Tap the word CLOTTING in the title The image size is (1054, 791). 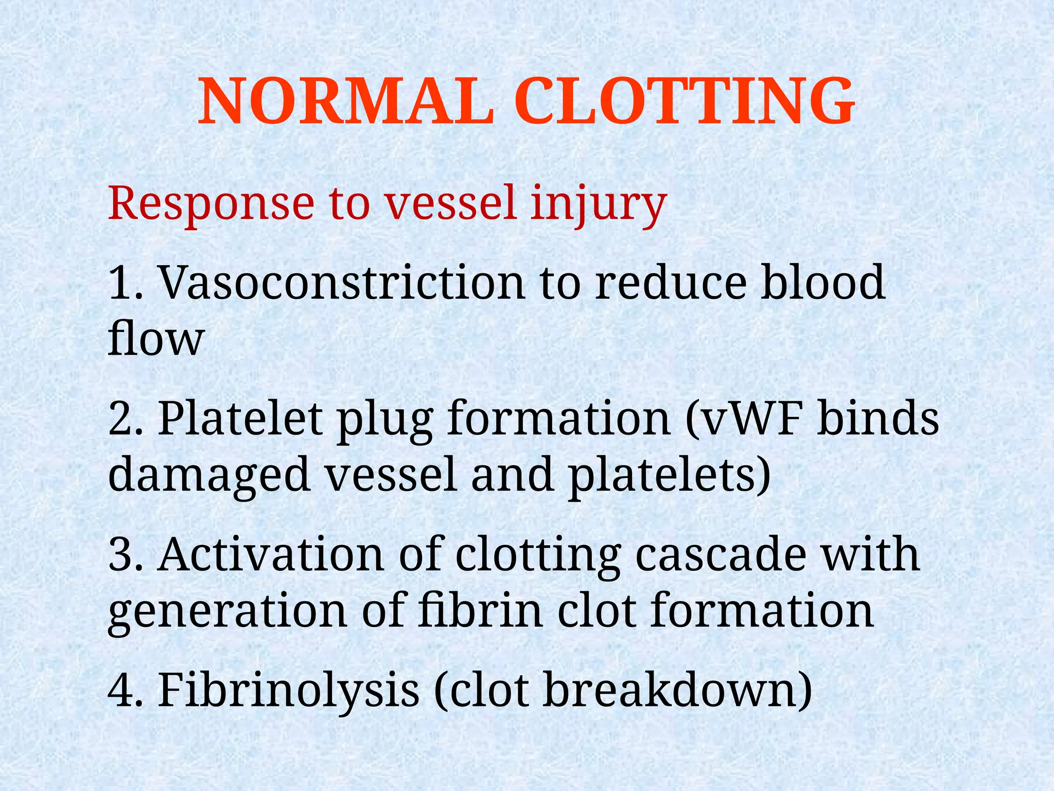(684, 101)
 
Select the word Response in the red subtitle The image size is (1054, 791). (211, 204)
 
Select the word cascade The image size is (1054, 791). (721, 555)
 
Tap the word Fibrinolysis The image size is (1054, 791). (288, 690)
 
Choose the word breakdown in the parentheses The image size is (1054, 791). (669, 690)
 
